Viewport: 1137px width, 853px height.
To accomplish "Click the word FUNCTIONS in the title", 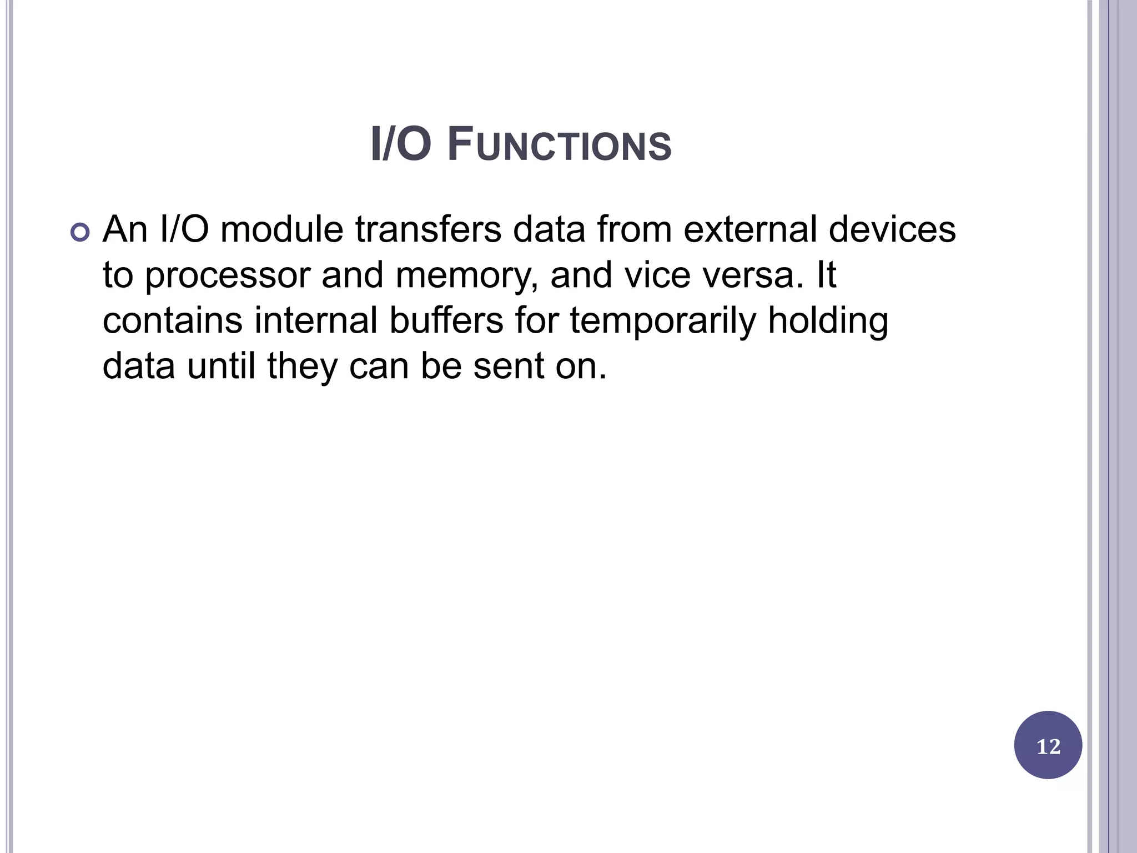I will coord(559,145).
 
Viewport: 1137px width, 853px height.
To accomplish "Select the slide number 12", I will coord(1048,746).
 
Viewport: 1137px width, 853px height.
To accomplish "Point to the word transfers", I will coord(428,229).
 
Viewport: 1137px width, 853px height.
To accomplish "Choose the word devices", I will coord(892,229).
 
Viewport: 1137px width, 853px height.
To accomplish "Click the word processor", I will coord(227,276).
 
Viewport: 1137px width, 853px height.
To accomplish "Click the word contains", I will coord(173,320).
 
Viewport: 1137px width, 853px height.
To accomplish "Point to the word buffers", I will coord(446,320).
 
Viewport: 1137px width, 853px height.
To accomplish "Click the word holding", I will coord(828,322).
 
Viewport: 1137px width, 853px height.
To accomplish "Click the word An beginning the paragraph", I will coord(125,229).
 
